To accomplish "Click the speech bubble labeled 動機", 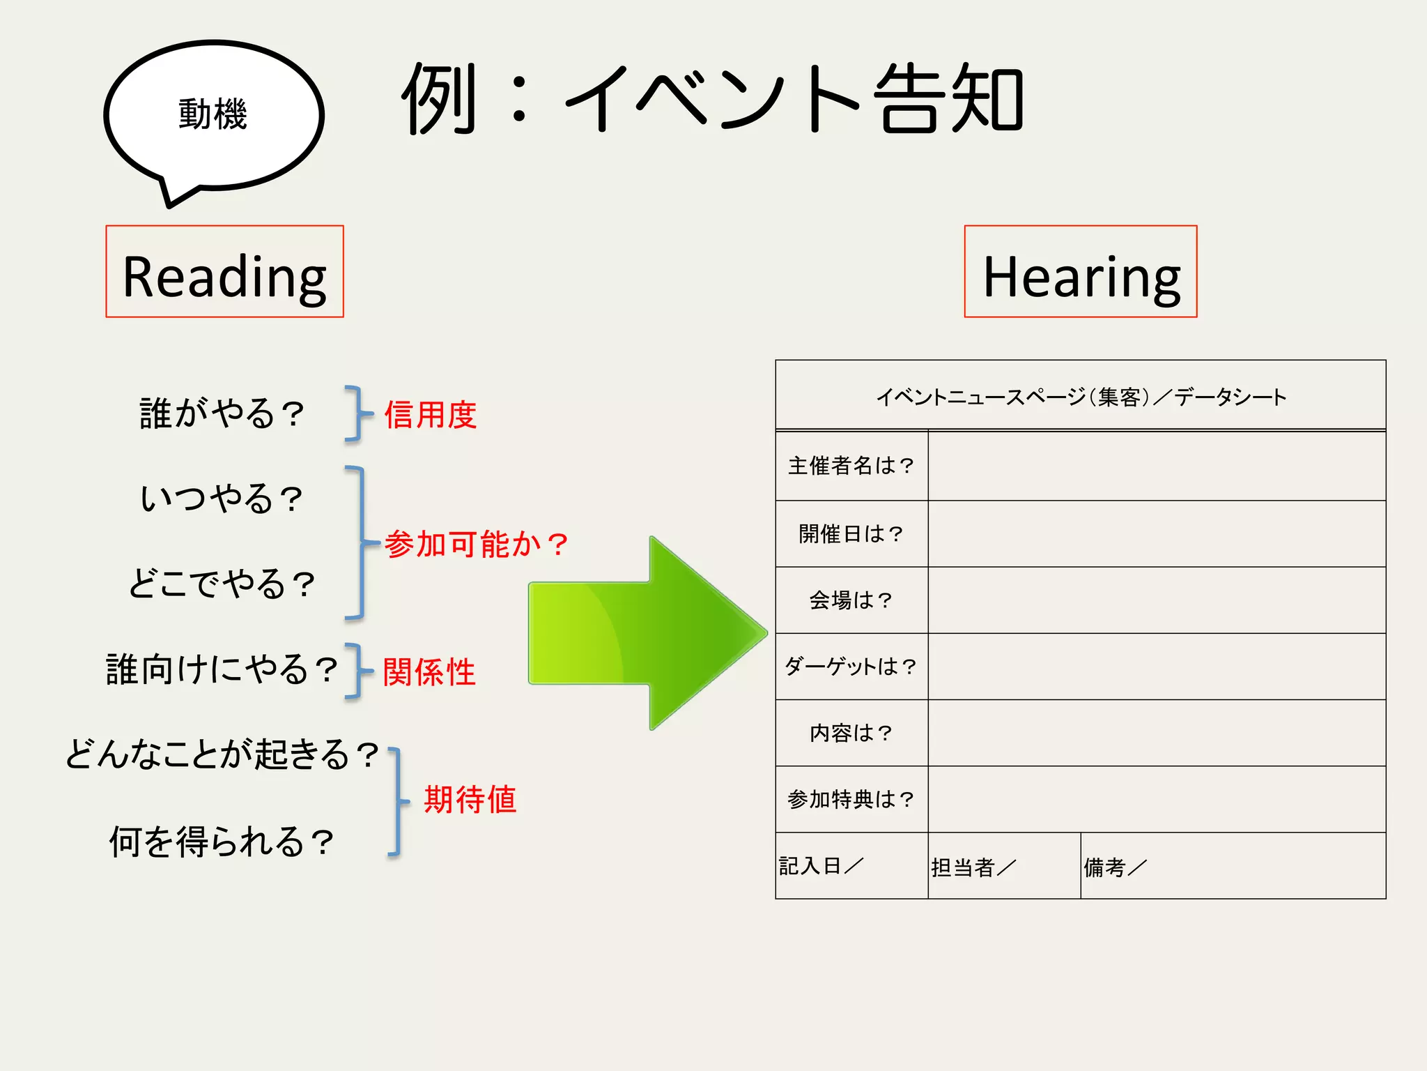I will [x=213, y=115].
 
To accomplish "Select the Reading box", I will [x=224, y=272].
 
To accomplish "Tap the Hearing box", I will [x=1080, y=272].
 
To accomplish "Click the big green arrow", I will [x=648, y=633].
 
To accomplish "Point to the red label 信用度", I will [x=431, y=415].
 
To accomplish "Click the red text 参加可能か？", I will [x=477, y=544].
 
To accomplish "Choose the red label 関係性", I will [x=429, y=672].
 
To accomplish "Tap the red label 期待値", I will [x=470, y=799].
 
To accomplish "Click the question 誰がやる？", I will [x=222, y=413].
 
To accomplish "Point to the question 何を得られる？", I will [x=222, y=842].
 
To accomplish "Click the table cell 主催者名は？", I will [x=851, y=466].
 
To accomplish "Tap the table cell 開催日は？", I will [x=851, y=534].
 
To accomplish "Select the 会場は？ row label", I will [x=851, y=600].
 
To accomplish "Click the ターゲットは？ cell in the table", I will [x=851, y=667].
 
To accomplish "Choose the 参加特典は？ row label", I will [x=851, y=799].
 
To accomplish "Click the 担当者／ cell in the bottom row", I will [x=973, y=867].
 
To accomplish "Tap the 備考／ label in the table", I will [x=1115, y=867].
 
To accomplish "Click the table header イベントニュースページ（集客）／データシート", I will [x=1081, y=397].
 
